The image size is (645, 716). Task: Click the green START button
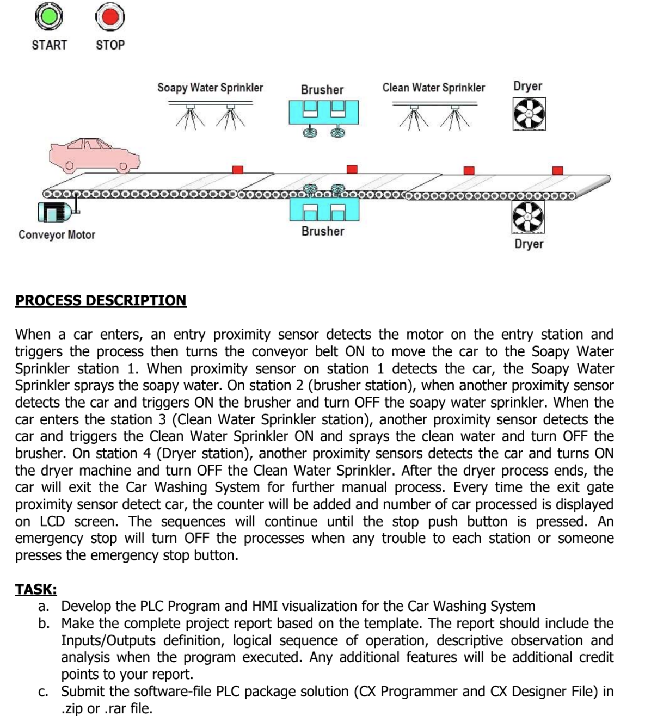(x=49, y=17)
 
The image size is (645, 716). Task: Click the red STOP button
(x=110, y=17)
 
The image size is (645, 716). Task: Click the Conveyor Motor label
(x=57, y=235)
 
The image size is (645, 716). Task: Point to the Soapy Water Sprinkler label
(x=210, y=88)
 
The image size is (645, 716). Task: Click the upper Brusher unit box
(x=323, y=112)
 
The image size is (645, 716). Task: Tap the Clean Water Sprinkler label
(x=433, y=88)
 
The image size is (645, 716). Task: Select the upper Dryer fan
(x=529, y=114)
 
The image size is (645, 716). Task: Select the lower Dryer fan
(x=528, y=217)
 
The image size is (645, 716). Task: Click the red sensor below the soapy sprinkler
(x=237, y=170)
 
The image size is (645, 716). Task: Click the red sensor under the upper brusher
(x=352, y=169)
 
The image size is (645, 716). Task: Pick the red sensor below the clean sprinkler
(x=469, y=170)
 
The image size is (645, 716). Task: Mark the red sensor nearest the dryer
(x=557, y=170)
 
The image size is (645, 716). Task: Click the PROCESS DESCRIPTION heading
(x=101, y=300)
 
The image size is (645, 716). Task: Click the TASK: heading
(x=36, y=589)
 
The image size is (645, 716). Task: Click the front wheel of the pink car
(x=124, y=165)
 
